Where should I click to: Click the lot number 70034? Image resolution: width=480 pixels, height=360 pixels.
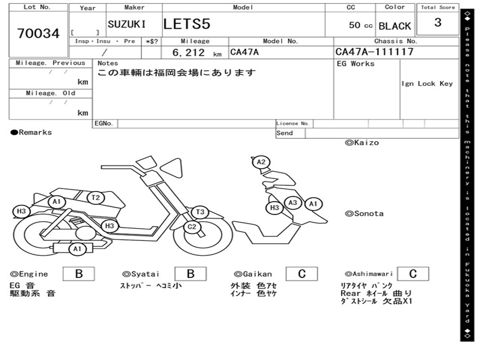tap(38, 34)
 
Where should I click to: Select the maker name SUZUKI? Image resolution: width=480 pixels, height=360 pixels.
tap(127, 24)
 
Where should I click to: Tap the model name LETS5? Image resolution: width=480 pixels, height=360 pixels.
tap(187, 24)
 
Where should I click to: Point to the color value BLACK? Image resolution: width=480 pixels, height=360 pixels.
tap(395, 26)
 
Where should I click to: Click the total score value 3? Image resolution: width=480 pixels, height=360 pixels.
tap(438, 22)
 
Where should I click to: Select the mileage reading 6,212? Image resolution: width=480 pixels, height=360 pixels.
tap(189, 52)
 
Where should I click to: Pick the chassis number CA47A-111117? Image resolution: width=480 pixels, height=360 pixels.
tap(375, 52)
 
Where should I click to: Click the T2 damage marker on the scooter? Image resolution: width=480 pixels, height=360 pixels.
tap(96, 198)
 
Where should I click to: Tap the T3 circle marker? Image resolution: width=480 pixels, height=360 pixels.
tap(200, 212)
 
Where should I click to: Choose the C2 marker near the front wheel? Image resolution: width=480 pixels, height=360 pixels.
tap(192, 228)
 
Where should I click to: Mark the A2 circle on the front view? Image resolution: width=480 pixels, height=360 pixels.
tap(261, 162)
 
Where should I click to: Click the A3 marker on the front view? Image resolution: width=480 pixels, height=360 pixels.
tap(293, 202)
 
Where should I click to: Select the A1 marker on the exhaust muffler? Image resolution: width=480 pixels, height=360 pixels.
tap(77, 249)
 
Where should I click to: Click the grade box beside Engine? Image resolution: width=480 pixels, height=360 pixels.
tap(78, 274)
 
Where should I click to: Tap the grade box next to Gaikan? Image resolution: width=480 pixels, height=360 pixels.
tap(302, 274)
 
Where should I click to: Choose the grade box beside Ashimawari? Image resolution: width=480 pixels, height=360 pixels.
tap(412, 274)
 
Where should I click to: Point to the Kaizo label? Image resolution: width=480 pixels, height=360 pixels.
tap(362, 142)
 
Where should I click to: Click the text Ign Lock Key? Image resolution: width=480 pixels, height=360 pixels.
tap(427, 83)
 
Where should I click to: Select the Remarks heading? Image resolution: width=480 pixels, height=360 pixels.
tap(31, 132)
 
